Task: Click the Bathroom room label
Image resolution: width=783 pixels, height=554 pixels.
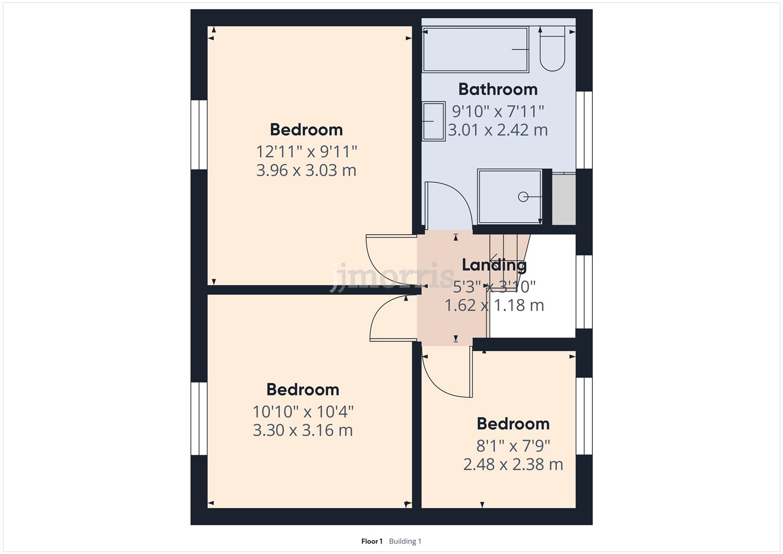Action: (497, 89)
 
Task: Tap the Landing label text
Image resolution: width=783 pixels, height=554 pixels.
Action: (494, 265)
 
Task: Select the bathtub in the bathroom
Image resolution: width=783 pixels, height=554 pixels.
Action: (475, 49)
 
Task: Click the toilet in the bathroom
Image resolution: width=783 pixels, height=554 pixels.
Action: (552, 50)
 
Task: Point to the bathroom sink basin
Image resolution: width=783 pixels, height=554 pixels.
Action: (433, 121)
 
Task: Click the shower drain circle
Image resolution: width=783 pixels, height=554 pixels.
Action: (523, 196)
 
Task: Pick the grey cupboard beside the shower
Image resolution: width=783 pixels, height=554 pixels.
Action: (564, 199)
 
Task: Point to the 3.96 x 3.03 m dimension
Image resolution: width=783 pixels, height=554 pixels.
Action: (306, 170)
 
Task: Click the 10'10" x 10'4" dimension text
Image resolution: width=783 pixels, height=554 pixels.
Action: (303, 411)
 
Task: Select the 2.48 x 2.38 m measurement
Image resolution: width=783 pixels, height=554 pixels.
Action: (513, 465)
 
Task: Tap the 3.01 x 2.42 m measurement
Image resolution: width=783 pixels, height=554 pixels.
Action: (497, 130)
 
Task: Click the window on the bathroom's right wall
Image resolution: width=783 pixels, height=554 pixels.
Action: (584, 130)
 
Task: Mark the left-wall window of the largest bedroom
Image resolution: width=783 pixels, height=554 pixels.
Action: (199, 134)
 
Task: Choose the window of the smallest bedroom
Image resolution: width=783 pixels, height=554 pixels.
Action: (584, 416)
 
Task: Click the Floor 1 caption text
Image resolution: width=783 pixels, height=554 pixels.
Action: (372, 541)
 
